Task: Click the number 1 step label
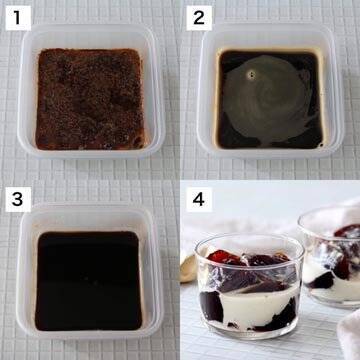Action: click(x=18, y=18)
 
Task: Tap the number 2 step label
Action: click(x=199, y=18)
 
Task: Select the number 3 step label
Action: click(x=18, y=199)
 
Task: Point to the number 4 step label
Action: click(x=199, y=199)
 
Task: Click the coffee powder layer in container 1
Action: click(x=90, y=99)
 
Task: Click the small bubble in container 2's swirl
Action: click(x=251, y=75)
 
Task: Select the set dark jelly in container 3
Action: click(x=88, y=281)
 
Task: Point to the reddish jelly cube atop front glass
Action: click(x=223, y=257)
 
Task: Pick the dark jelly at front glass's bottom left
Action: click(x=211, y=306)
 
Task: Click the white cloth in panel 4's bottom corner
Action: click(x=349, y=333)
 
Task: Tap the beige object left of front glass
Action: click(x=189, y=267)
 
